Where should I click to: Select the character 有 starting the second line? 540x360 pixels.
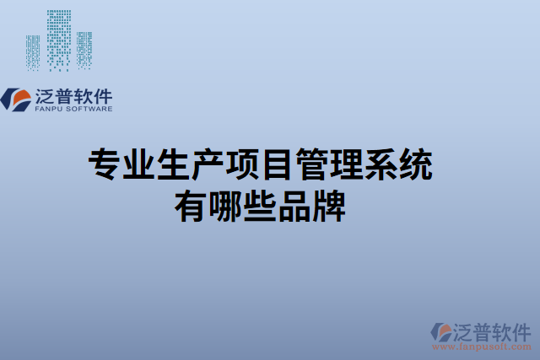click(191, 205)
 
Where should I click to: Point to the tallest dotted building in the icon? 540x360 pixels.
click(59, 39)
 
